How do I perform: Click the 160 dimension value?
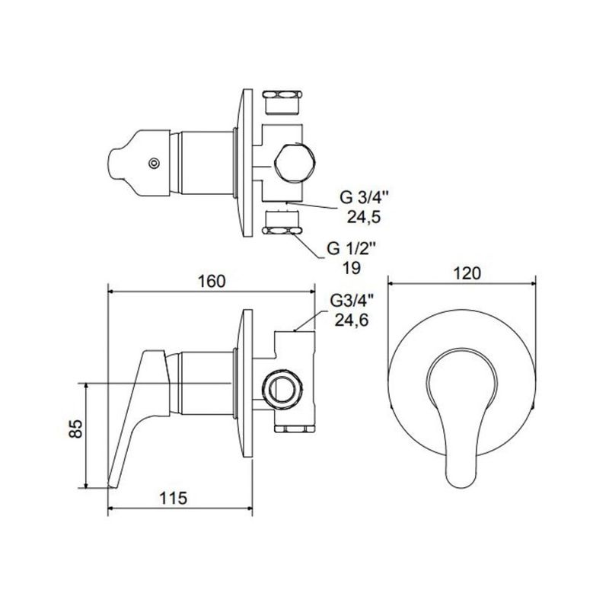click(212, 281)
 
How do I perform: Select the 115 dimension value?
click(174, 498)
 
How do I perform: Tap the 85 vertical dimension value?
click(77, 429)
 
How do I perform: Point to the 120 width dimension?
click(467, 273)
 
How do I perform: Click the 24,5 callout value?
click(364, 217)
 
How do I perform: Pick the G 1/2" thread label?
click(352, 249)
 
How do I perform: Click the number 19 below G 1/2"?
click(352, 268)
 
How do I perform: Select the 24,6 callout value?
click(352, 320)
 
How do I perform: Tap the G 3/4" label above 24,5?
click(365, 197)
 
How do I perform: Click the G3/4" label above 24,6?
click(352, 301)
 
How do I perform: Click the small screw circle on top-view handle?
click(155, 164)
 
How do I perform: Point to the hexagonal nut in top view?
click(294, 163)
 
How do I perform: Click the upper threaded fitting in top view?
click(282, 103)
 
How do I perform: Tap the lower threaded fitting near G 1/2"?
click(282, 223)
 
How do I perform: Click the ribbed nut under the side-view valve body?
click(295, 429)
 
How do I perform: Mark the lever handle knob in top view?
click(139, 163)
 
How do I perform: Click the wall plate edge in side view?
click(247, 383)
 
